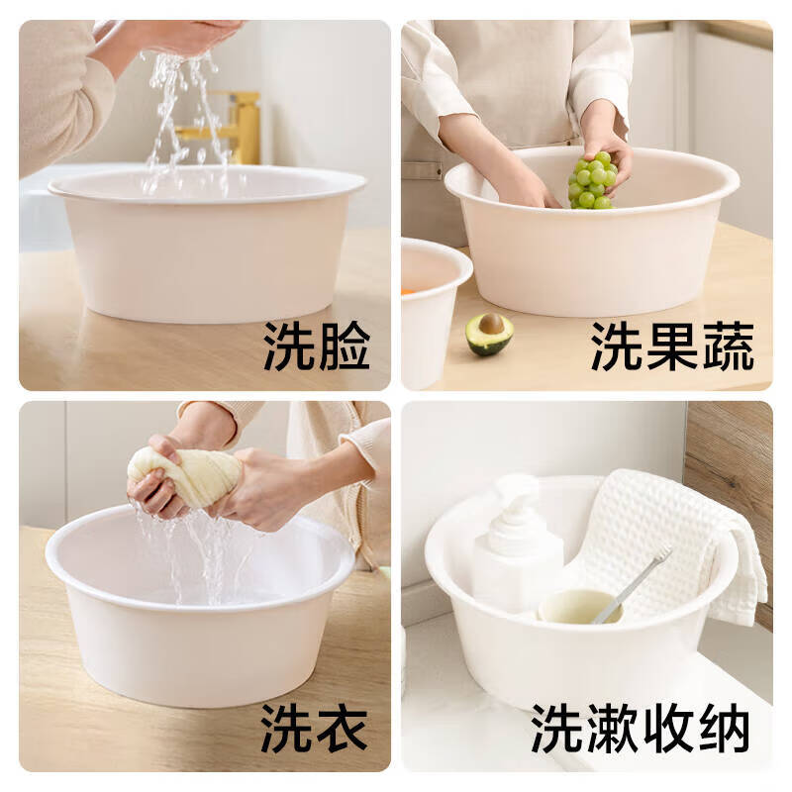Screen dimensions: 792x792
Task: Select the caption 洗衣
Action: point(315,729)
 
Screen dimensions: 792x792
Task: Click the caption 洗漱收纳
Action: point(640,729)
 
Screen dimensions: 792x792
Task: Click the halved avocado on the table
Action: point(489,334)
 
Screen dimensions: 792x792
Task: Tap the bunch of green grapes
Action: point(592,181)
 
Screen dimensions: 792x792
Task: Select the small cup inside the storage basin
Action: point(577,606)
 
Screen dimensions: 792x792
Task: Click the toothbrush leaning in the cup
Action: point(634,584)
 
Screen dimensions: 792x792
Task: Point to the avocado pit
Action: point(491,324)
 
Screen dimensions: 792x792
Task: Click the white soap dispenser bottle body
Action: point(515,574)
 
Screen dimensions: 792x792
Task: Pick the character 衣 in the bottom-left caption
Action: point(342,729)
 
